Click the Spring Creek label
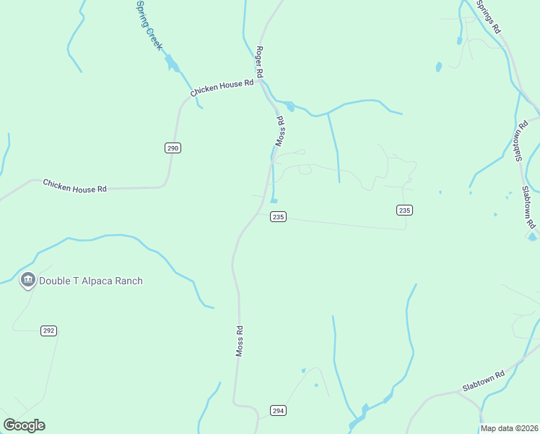149,25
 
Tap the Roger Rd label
258,63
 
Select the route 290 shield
173,148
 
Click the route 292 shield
48,331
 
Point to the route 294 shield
278,410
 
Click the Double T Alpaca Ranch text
91,281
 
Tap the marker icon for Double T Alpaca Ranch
28,280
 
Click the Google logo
24,425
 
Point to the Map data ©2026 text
509,428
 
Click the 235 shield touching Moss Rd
279,216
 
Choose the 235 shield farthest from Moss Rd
404,210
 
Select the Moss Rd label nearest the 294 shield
240,340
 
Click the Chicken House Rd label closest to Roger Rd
222,88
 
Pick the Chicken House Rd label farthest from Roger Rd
74,185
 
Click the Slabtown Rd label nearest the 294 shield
487,385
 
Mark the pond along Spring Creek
172,64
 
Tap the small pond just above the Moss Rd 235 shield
274,200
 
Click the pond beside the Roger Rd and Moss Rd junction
290,106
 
